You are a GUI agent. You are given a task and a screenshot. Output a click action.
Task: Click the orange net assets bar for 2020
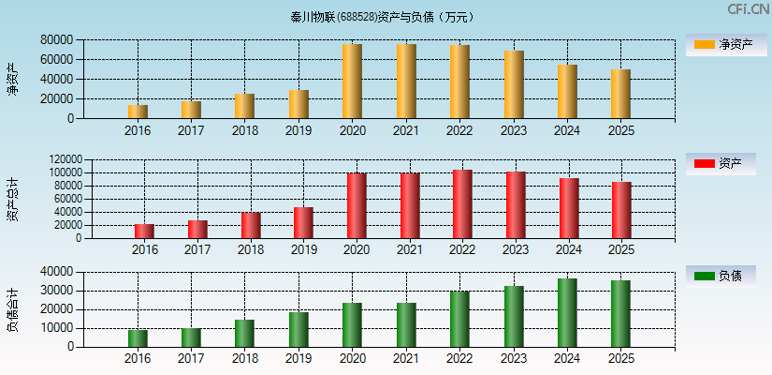[352, 82]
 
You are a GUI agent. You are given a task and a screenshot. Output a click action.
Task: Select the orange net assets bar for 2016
[138, 112]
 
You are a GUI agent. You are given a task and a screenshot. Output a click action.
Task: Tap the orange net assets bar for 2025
[620, 94]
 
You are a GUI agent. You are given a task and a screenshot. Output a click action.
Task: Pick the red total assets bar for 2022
[462, 204]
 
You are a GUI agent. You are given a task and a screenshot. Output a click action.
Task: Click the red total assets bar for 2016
[144, 231]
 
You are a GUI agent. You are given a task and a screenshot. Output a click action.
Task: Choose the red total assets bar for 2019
[303, 223]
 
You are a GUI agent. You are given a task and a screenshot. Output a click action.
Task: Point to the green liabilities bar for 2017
[191, 337]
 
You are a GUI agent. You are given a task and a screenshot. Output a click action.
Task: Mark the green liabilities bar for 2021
[406, 324]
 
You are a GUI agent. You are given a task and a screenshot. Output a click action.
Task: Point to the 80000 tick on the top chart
[57, 40]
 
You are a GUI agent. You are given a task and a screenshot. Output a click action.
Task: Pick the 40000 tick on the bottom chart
[57, 272]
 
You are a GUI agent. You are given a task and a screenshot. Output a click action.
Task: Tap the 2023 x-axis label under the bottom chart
[513, 359]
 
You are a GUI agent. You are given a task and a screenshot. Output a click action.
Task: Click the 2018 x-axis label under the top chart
[244, 130]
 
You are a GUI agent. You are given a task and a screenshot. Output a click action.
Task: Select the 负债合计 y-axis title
[13, 310]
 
